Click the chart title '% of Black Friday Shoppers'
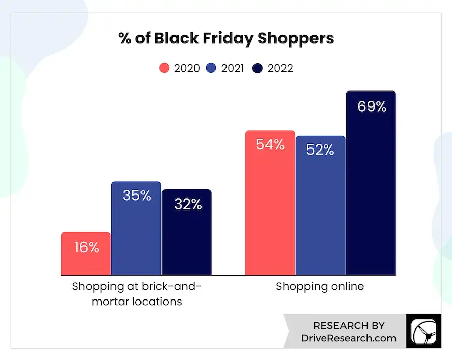tap(226, 38)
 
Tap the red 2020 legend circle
tap(164, 68)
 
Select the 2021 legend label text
tap(233, 68)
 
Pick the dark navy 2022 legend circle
tap(257, 68)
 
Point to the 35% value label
tap(136, 195)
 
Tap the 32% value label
tap(187, 204)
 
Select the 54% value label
tap(270, 145)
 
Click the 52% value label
tap(320, 150)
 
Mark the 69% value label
tap(372, 107)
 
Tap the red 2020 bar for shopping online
tap(270, 214)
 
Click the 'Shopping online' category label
tap(320, 286)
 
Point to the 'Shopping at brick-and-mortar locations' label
tap(136, 293)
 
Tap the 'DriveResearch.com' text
tap(349, 338)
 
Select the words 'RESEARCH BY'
tap(349, 325)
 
